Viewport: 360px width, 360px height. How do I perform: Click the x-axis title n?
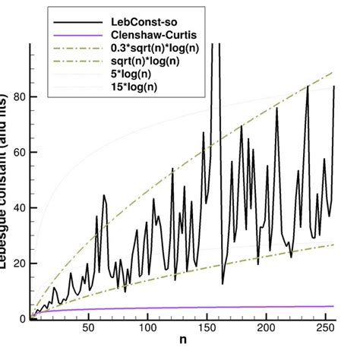tap(182, 350)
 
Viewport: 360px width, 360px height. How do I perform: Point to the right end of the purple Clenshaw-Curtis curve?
tap(333, 306)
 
